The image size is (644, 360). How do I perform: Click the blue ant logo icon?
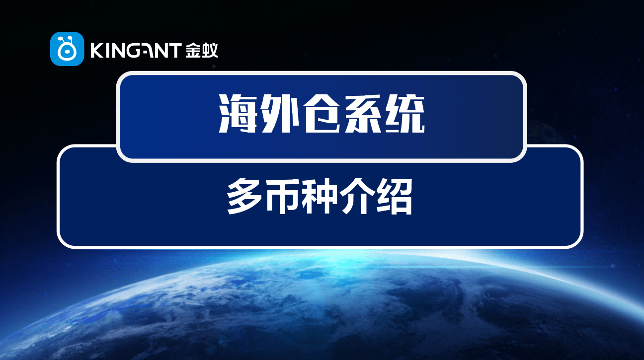[x=67, y=49]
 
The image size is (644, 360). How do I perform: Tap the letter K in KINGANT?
[x=96, y=50]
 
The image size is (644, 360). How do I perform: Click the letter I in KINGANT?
[x=106, y=50]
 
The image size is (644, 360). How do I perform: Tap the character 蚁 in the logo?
[x=210, y=50]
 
